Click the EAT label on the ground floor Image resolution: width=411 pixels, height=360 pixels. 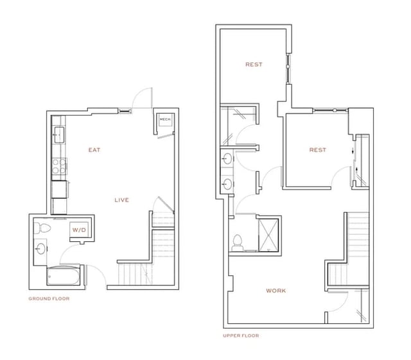pyautogui.click(x=94, y=150)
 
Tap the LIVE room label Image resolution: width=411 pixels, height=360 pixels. pyautogui.click(x=121, y=200)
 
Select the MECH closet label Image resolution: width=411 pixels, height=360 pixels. pyautogui.click(x=165, y=119)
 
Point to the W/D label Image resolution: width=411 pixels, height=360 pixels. pyautogui.click(x=78, y=229)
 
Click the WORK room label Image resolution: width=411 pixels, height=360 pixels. pyautogui.click(x=276, y=291)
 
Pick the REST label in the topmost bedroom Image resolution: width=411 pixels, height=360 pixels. pyautogui.click(x=254, y=64)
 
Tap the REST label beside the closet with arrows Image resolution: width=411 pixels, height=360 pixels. pyautogui.click(x=317, y=150)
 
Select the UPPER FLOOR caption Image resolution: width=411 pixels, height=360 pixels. pyautogui.click(x=240, y=336)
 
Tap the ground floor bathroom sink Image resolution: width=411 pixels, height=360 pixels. pyautogui.click(x=40, y=248)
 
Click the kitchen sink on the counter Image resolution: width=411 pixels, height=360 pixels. pyautogui.click(x=58, y=134)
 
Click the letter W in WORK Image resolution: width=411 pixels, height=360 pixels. pyautogui.click(x=268, y=291)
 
